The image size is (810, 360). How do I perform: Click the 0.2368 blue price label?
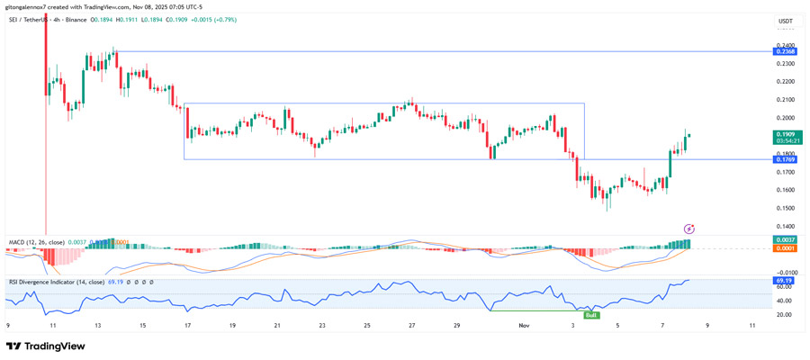785,51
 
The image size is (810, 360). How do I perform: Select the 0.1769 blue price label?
785,159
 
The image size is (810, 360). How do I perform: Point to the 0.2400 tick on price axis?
785,45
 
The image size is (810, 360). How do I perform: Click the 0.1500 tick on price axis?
785,208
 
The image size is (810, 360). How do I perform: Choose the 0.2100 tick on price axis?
785,100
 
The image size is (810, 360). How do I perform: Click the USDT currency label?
785,21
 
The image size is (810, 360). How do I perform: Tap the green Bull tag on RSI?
591,315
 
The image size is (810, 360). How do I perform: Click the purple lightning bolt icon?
689,229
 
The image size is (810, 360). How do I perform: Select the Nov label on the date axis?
525,326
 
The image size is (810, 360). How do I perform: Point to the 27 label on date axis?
411,326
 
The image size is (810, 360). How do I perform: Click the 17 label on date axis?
187,326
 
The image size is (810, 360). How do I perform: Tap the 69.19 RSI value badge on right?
785,281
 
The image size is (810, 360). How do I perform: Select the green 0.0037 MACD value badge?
785,239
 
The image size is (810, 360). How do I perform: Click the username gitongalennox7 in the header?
26,6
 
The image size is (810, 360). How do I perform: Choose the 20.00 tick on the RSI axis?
785,315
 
